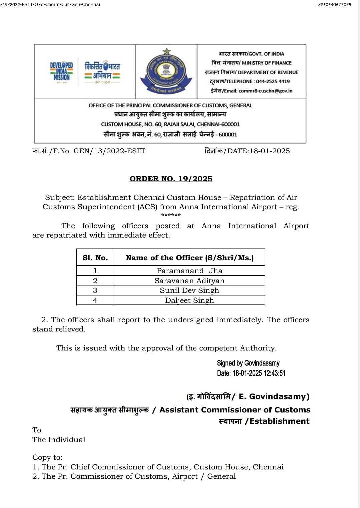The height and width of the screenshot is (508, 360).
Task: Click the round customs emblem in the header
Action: click(x=166, y=72)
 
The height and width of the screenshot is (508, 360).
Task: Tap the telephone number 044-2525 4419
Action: click(x=273, y=81)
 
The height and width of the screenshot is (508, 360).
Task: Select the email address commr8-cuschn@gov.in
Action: click(x=265, y=91)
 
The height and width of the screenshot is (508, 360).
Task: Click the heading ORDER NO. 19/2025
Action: click(x=171, y=179)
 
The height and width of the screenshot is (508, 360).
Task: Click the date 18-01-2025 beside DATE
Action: click(x=269, y=151)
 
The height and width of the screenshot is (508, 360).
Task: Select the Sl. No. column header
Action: click(x=95, y=258)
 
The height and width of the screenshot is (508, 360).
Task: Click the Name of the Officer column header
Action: click(x=189, y=258)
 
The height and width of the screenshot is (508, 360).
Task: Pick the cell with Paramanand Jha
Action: click(x=189, y=271)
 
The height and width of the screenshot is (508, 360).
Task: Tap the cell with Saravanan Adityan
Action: click(x=189, y=281)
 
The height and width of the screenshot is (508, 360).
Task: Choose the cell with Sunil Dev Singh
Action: click(x=189, y=290)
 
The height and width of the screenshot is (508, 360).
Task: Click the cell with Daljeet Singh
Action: click(x=189, y=300)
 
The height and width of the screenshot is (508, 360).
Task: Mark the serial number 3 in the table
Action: click(x=95, y=290)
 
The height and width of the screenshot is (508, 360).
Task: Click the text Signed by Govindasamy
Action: click(x=248, y=363)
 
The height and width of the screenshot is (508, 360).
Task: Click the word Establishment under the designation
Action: click(x=279, y=421)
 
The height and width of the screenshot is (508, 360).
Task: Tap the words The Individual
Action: click(x=59, y=440)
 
